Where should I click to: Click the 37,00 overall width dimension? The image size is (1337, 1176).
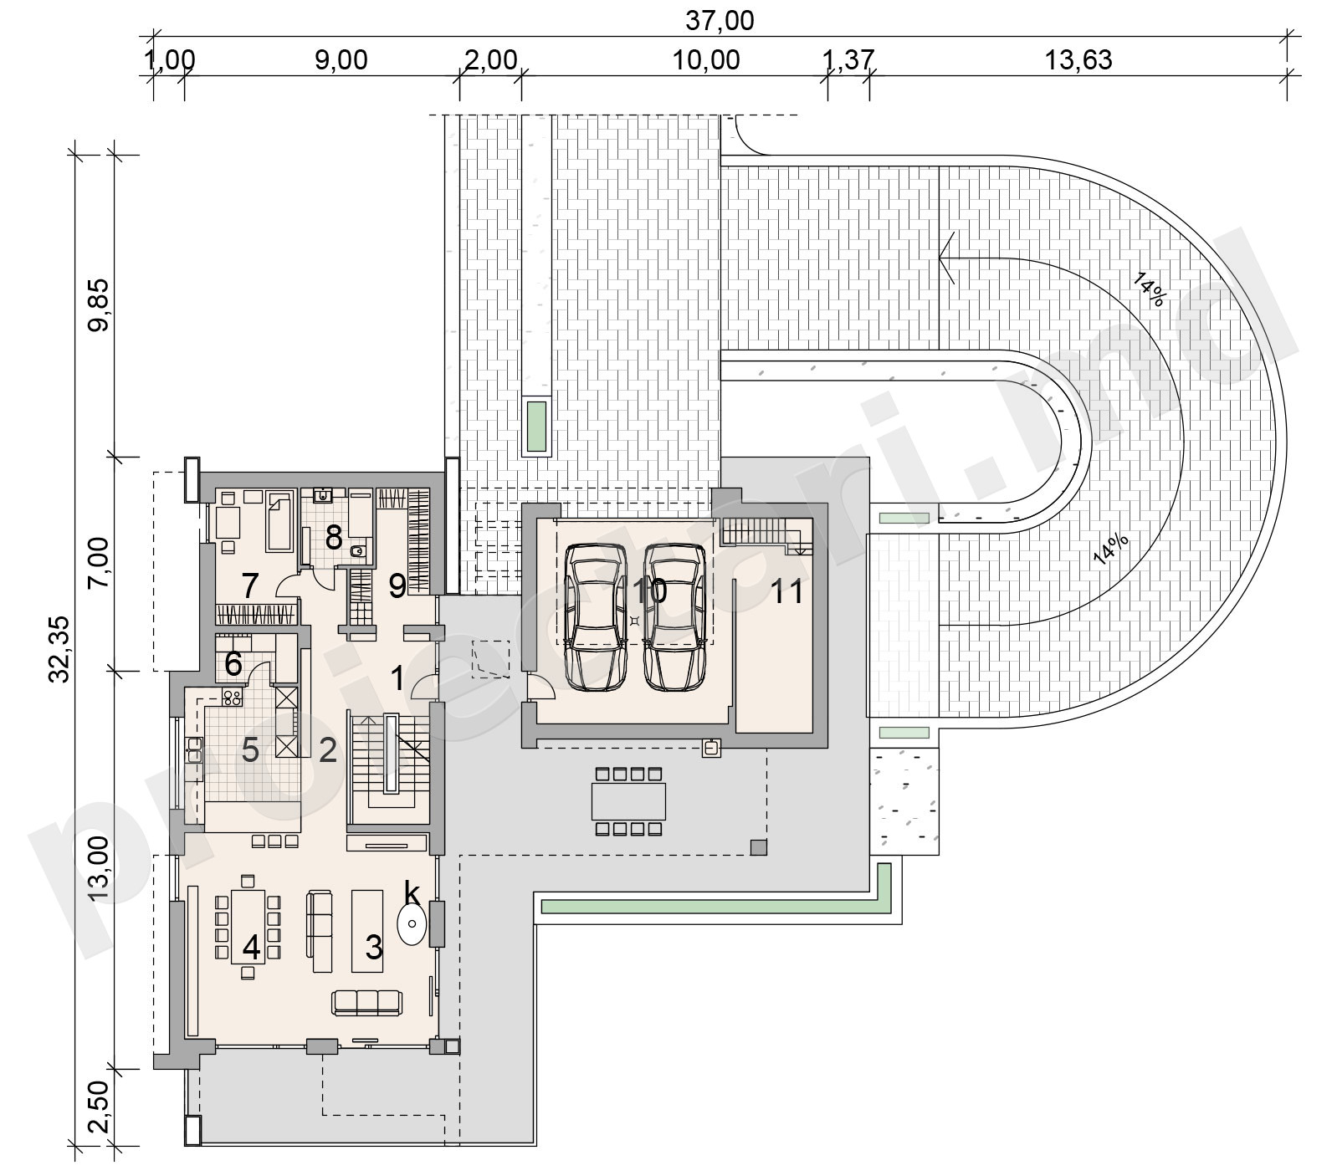[x=720, y=20]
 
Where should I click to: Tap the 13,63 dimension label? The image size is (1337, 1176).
[x=1078, y=60]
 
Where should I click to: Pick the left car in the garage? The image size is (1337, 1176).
[x=595, y=616]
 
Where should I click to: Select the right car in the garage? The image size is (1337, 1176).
[x=674, y=616]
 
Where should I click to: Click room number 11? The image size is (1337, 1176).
[x=786, y=591]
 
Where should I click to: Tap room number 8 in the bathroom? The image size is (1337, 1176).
[x=333, y=538]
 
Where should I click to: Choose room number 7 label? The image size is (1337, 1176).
[x=249, y=586]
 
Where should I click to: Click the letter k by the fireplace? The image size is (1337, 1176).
[x=411, y=892]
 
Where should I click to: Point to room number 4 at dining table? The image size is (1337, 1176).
[x=251, y=948]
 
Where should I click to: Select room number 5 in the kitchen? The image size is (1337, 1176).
[x=250, y=750]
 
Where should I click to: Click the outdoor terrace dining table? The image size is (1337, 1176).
[x=629, y=801]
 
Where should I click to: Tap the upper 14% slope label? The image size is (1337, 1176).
[x=1150, y=289]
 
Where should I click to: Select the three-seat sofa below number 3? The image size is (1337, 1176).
[x=366, y=1002]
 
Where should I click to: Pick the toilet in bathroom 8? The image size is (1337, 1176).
[x=358, y=550]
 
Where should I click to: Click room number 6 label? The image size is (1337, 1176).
[x=233, y=665]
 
